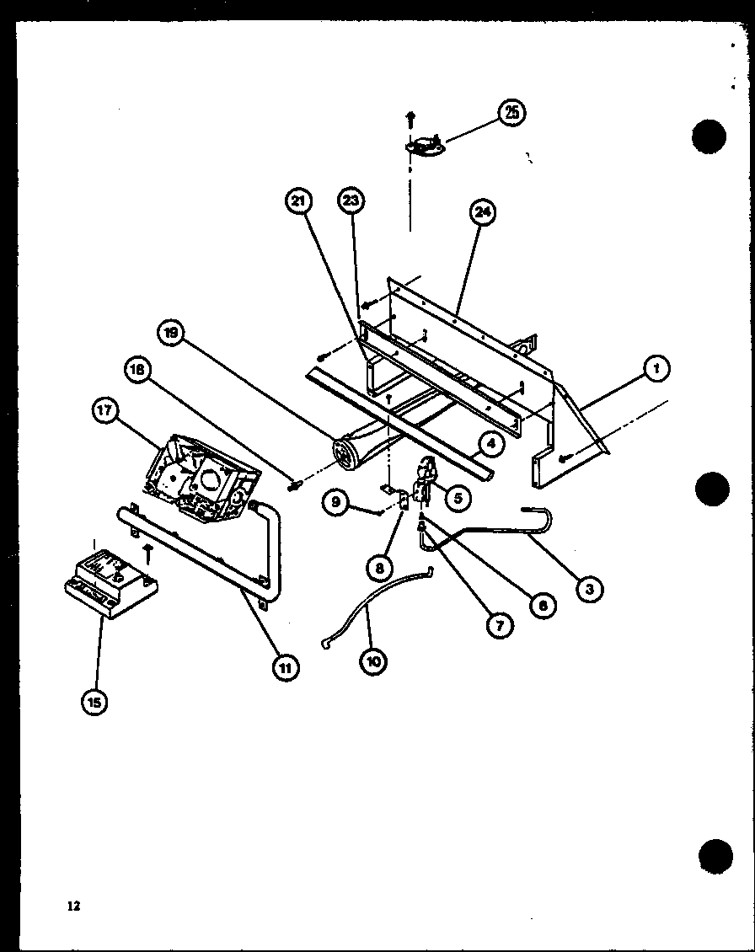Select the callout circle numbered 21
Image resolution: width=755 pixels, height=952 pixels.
coord(298,201)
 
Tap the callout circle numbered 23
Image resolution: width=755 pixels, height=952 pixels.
coord(351,201)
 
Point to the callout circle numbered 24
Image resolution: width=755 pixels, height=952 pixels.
coord(483,212)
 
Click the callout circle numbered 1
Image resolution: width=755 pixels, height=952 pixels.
coord(656,367)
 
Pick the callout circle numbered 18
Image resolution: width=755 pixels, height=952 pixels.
coord(139,369)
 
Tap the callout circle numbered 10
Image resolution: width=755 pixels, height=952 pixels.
coord(373,661)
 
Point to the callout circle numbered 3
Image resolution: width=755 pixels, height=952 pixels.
coord(589,589)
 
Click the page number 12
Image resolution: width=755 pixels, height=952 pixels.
coord(73,907)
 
